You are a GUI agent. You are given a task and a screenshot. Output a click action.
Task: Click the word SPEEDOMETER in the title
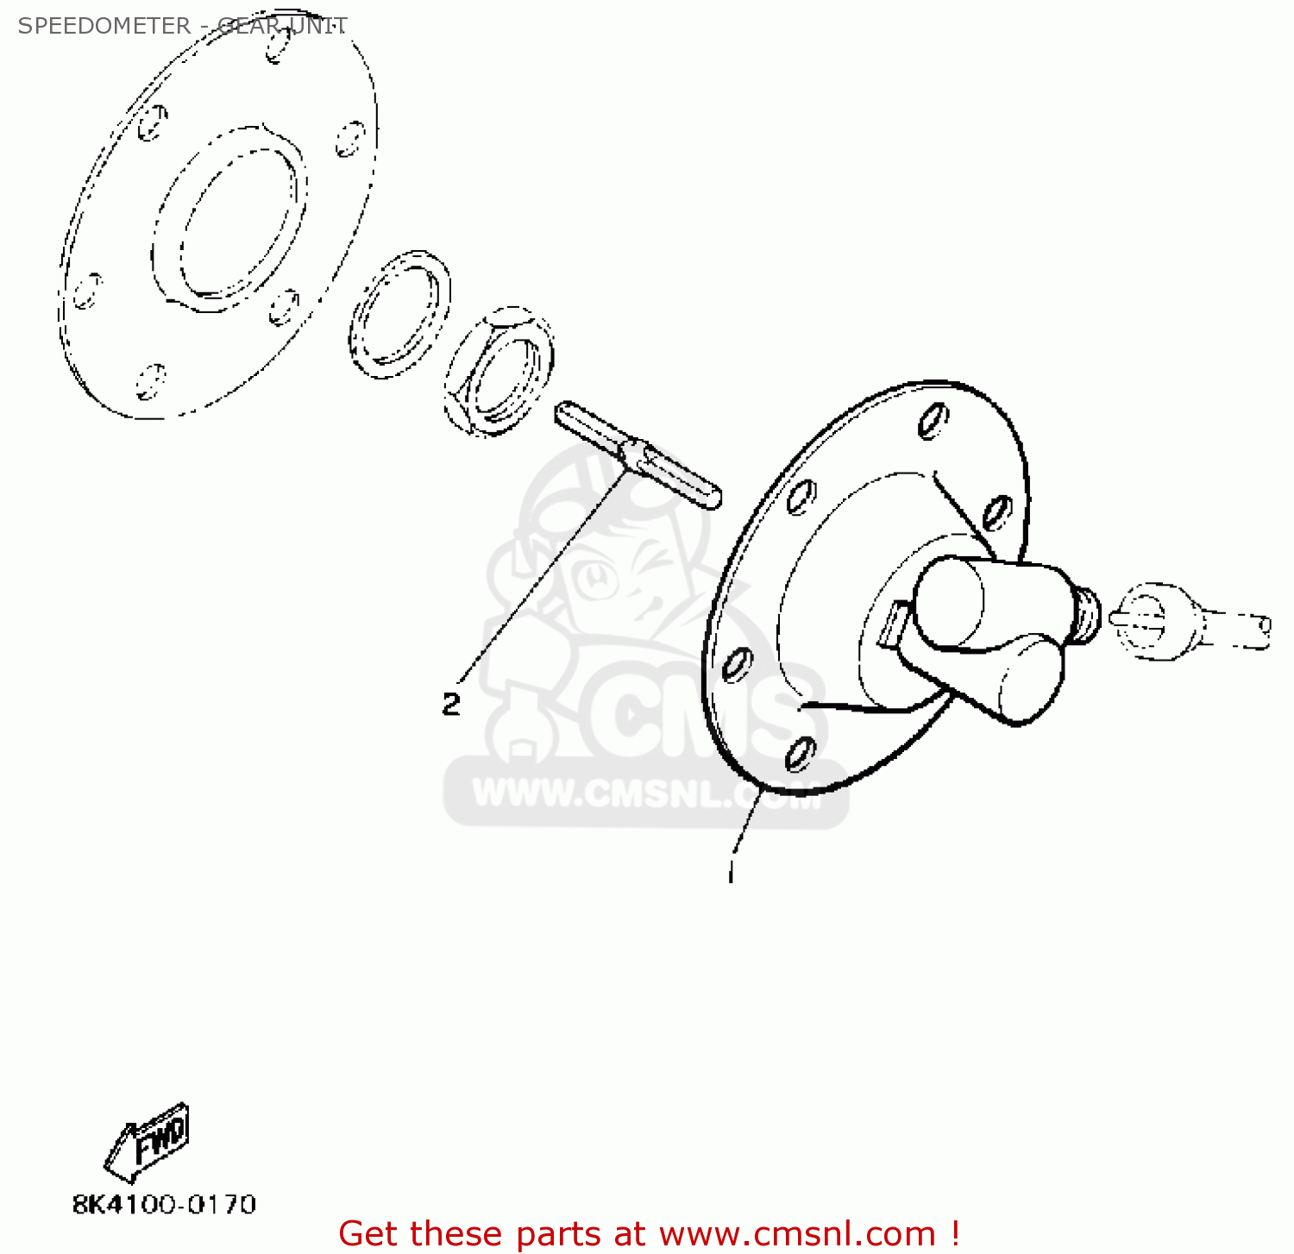[x=104, y=26]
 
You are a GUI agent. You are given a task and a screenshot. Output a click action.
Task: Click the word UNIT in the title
[x=318, y=26]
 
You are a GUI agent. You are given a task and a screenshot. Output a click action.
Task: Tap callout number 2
[x=451, y=704]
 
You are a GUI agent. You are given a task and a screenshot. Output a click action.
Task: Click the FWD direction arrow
[x=148, y=1142]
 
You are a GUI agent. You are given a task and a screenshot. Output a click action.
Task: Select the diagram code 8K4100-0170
[x=164, y=1204]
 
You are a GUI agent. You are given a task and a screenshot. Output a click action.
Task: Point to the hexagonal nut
[x=499, y=371]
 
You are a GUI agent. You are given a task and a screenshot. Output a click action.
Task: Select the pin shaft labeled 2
[x=638, y=455]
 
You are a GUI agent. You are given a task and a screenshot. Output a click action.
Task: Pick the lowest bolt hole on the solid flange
[x=800, y=755]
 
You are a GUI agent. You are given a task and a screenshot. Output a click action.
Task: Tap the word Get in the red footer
[x=372, y=1233]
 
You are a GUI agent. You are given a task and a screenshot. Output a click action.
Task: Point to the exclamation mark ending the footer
[x=954, y=1233]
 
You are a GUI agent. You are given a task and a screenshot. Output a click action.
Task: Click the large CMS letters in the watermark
[x=682, y=716]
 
